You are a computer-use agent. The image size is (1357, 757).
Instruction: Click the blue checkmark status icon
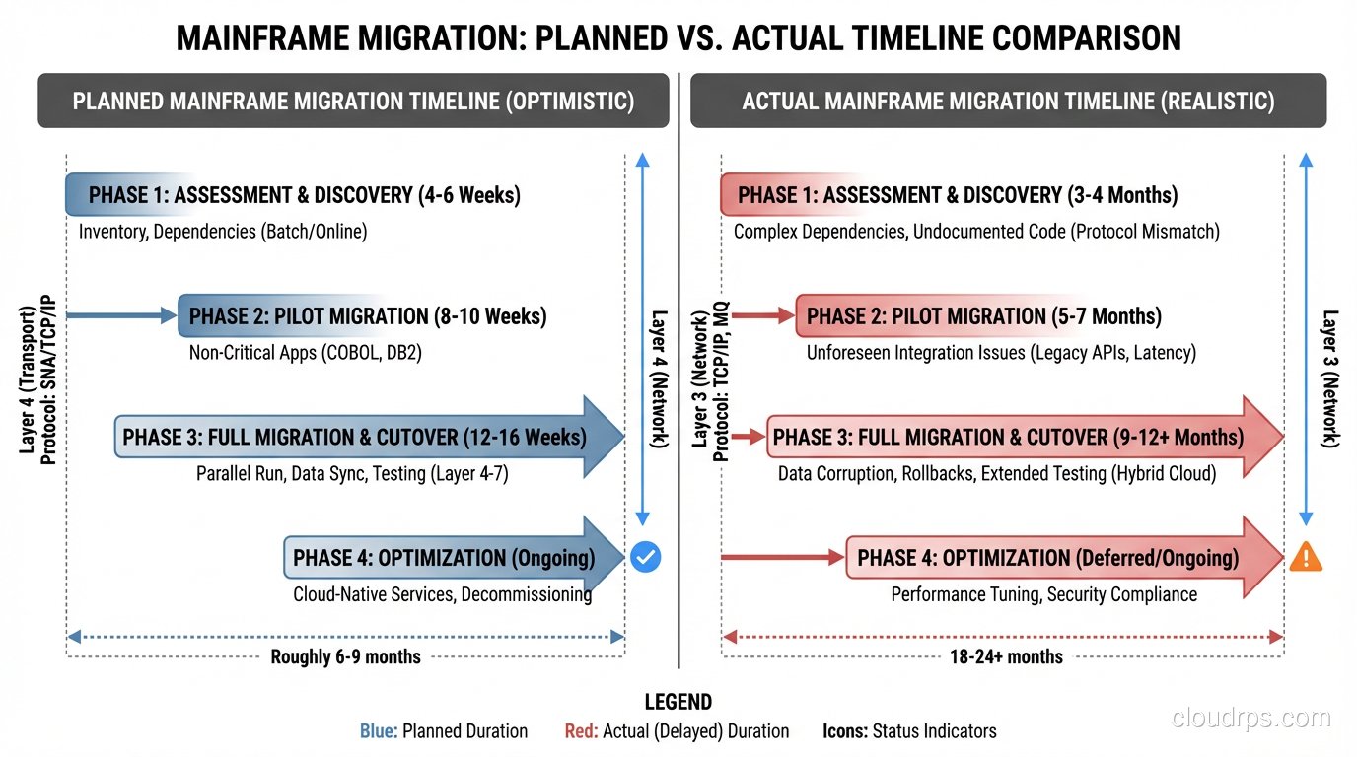tap(645, 558)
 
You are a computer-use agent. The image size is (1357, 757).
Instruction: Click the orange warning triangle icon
tap(1306, 558)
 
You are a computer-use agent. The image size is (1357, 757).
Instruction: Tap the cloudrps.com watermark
tap(1250, 719)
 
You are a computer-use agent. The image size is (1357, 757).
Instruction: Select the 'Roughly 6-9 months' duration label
tap(345, 656)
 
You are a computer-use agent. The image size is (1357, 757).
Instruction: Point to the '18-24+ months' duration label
tap(1006, 656)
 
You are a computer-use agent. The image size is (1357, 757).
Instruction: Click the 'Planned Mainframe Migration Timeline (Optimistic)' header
tap(353, 101)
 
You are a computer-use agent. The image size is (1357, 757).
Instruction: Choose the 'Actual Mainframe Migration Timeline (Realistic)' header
tap(1008, 101)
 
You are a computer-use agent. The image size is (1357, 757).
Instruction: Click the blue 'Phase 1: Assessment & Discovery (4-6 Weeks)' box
tap(296, 195)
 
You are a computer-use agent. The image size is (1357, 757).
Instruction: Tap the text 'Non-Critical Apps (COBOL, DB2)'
tap(305, 352)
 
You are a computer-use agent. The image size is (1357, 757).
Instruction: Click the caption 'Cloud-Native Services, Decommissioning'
tap(442, 594)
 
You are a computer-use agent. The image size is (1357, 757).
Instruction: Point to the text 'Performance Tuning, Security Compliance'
tap(1043, 594)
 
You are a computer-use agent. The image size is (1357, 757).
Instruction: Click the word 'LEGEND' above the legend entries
tap(678, 702)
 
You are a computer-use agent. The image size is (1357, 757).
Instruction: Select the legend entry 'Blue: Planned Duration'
tap(444, 731)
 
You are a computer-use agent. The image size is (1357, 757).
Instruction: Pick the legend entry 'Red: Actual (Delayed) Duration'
tap(677, 731)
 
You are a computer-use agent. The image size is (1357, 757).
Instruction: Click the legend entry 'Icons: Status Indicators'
tap(909, 731)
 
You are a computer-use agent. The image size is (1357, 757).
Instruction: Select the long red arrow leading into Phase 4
tap(783, 558)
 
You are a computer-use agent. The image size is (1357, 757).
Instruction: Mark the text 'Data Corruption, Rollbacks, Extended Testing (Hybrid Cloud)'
tap(996, 473)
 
